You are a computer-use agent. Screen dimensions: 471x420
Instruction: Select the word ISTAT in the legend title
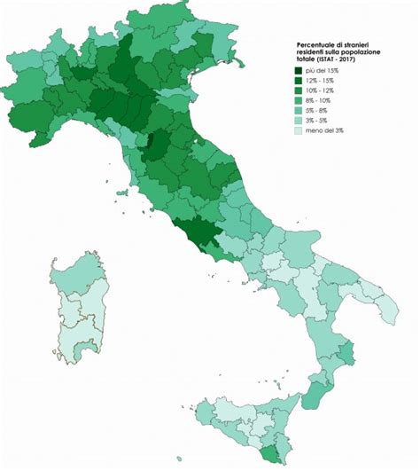click(327, 60)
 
